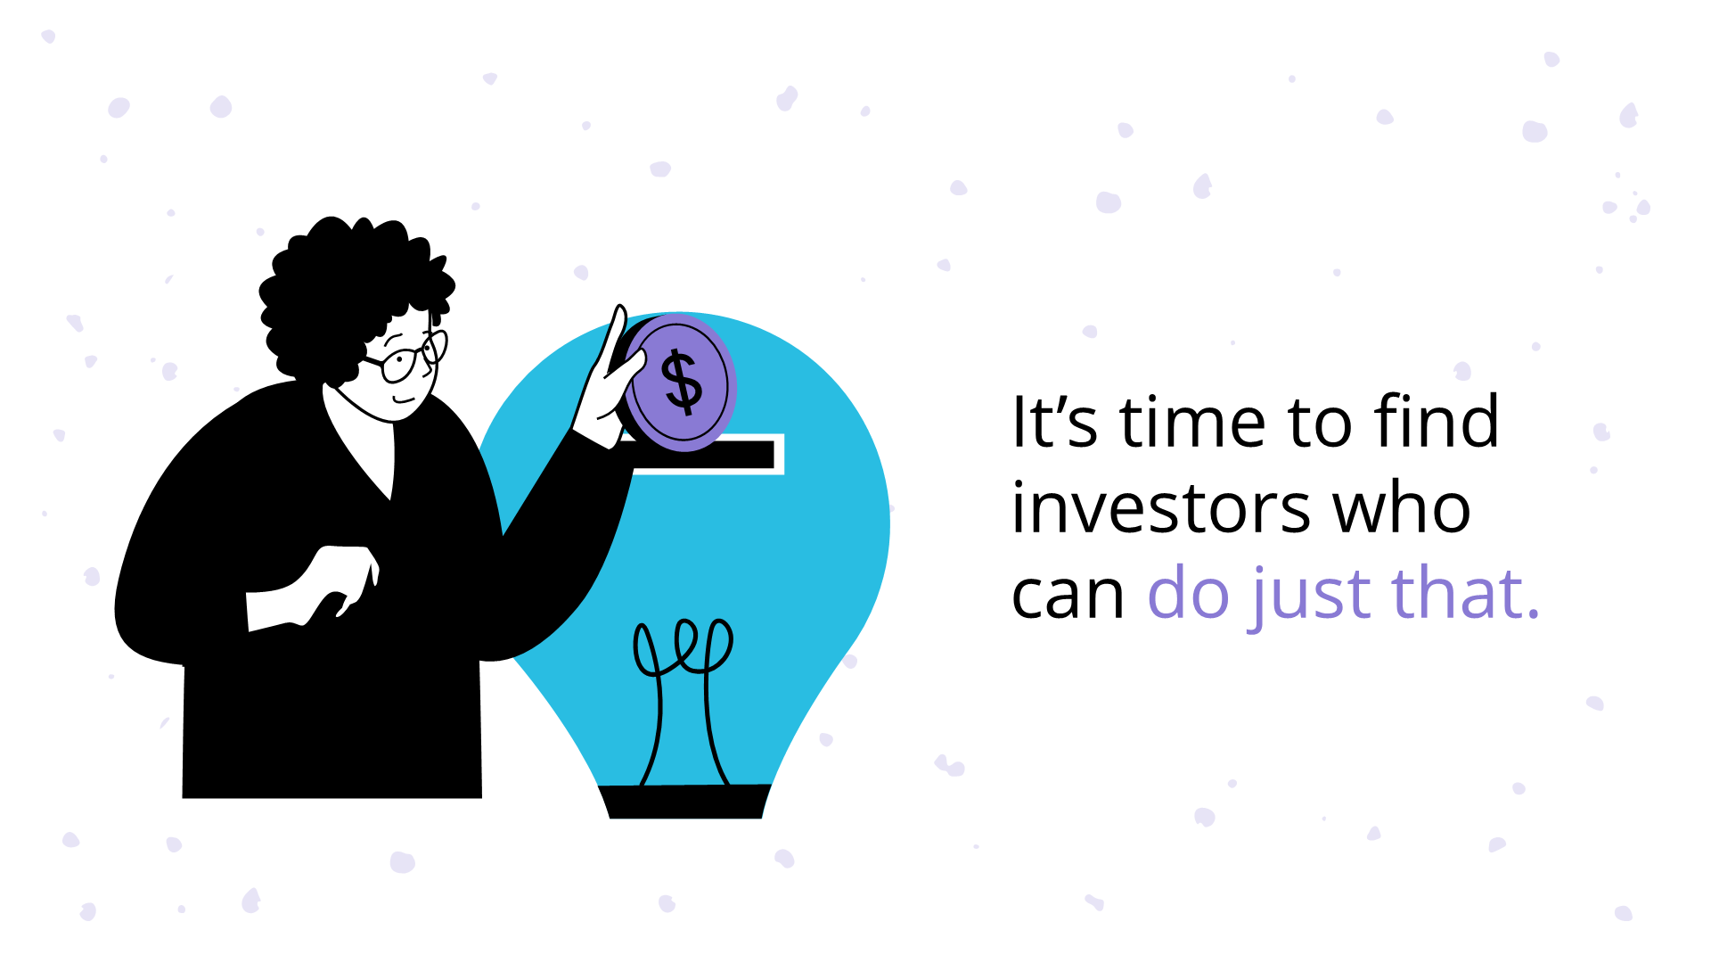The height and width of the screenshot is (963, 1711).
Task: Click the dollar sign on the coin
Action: coord(683,383)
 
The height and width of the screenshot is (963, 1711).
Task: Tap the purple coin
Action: coord(704,419)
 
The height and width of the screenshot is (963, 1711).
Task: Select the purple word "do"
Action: coord(1189,593)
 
